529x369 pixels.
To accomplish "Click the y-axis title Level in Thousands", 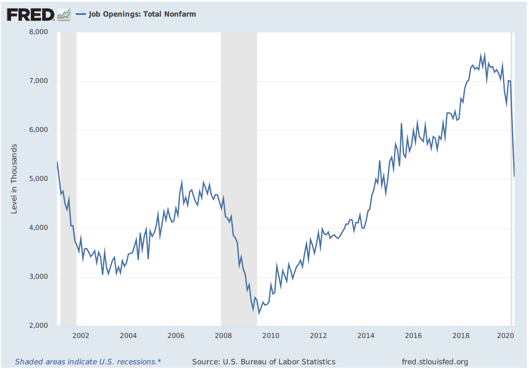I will coord(14,179).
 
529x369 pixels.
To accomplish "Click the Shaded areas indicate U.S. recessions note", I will coord(88,362).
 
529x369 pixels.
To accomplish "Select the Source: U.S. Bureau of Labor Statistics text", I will coord(264,362).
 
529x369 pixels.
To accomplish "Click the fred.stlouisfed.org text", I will coord(435,362).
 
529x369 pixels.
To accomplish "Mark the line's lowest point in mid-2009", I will coord(259,313).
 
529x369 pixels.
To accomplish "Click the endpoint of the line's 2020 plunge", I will coord(514,176).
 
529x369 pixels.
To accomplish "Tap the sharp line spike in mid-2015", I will coord(401,123).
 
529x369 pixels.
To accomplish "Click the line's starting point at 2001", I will coord(57,162).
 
